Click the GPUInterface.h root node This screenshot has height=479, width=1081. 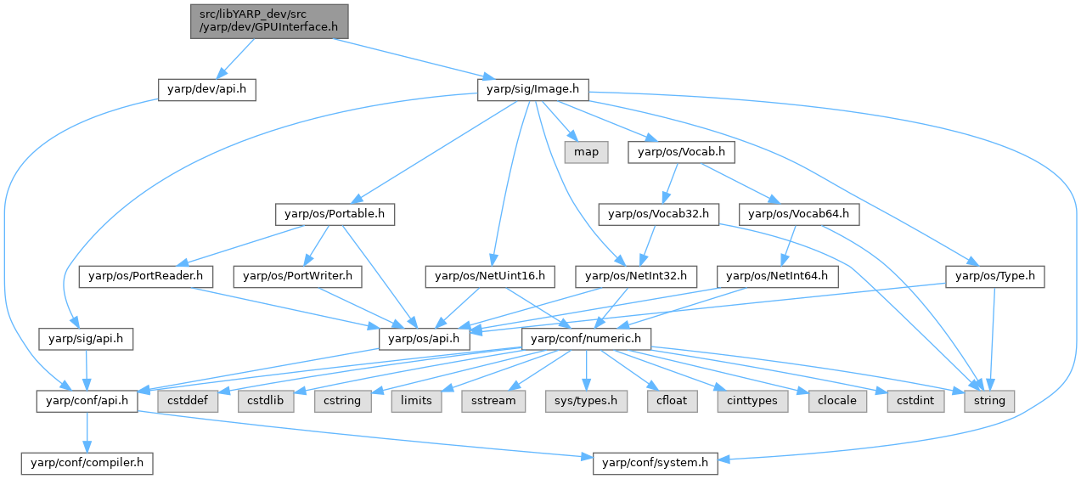tap(268, 20)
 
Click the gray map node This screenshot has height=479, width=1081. tap(586, 152)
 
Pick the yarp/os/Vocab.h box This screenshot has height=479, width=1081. tap(681, 152)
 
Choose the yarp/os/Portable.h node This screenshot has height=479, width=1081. tap(335, 214)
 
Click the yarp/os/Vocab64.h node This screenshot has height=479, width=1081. tap(799, 214)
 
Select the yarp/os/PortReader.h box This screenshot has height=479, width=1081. tap(146, 276)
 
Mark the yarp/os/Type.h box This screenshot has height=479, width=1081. tap(994, 276)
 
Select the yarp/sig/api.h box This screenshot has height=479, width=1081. tap(86, 339)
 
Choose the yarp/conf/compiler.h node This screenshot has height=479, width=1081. tap(87, 464)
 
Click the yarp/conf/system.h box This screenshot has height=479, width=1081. tap(656, 464)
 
